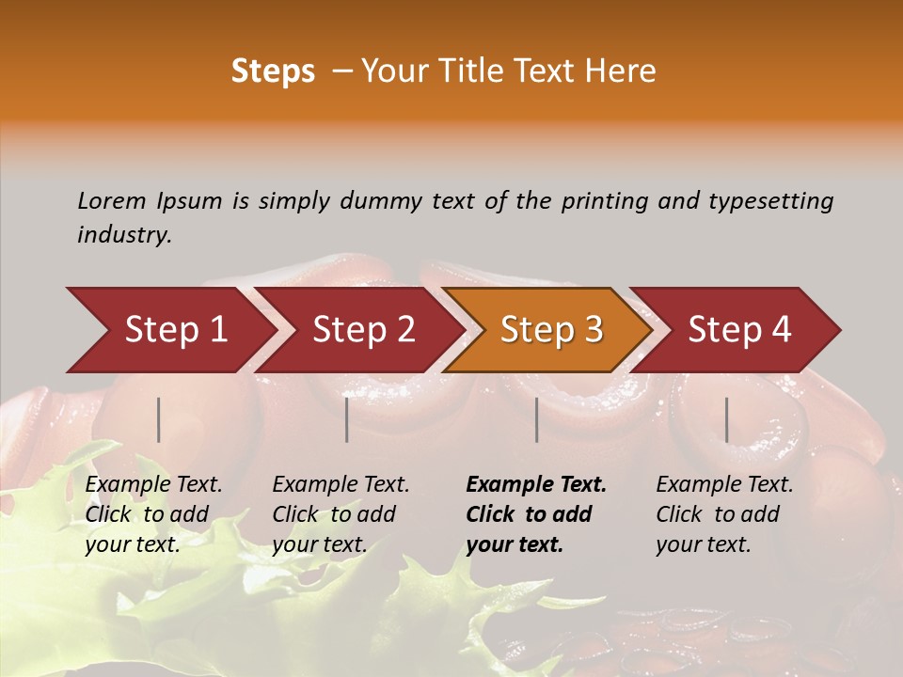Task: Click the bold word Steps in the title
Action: [273, 71]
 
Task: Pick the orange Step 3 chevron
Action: [551, 330]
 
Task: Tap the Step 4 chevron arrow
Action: [739, 330]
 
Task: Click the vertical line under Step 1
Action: [159, 419]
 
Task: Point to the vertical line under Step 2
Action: [347, 419]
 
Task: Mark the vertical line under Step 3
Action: [536, 419]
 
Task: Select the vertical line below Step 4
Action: [726, 419]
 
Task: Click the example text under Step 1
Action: [153, 514]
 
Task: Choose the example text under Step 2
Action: [341, 514]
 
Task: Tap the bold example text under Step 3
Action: [536, 514]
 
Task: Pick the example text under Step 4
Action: [724, 514]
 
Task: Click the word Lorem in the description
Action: [112, 200]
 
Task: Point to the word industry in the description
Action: [124, 234]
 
